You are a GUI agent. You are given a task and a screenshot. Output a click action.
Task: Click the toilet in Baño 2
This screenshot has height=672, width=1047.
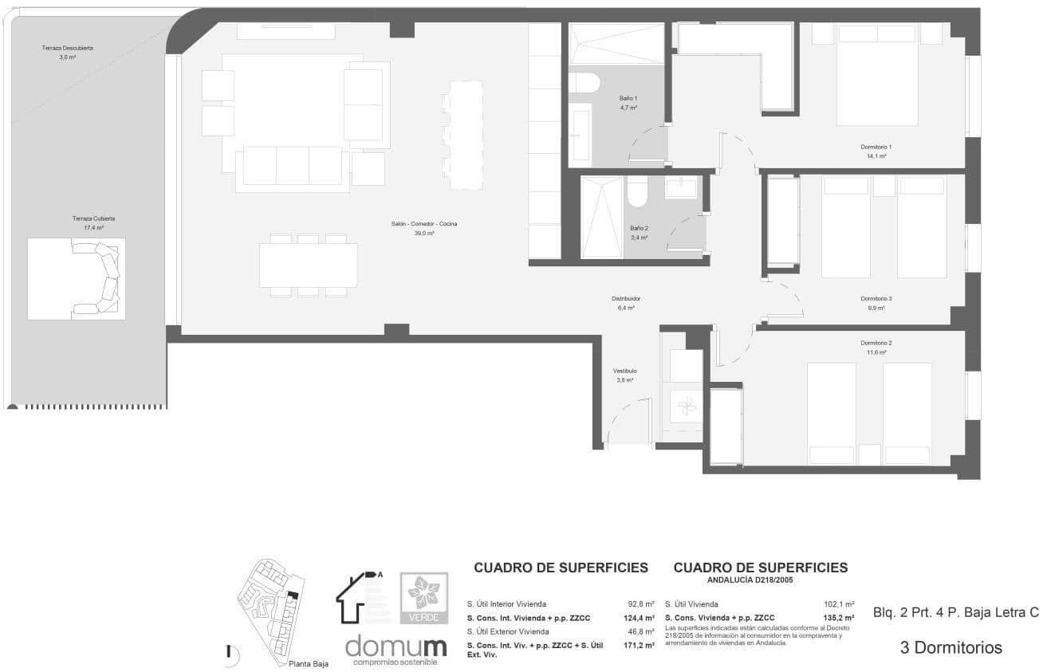[x=637, y=192]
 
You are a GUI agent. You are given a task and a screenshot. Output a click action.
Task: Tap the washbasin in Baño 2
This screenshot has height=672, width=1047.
[x=680, y=188]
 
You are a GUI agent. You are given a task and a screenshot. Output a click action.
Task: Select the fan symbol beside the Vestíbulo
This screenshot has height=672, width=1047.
[x=684, y=405]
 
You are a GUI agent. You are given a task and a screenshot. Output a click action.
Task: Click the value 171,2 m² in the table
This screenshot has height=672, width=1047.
[x=638, y=645]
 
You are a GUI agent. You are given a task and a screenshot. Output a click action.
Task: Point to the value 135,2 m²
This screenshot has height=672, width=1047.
[x=838, y=618]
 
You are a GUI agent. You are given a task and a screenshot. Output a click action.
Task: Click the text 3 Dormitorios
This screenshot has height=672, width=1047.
[x=951, y=648]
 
